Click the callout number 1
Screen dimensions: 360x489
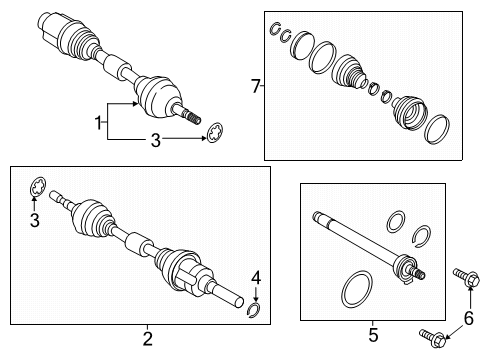98,124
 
